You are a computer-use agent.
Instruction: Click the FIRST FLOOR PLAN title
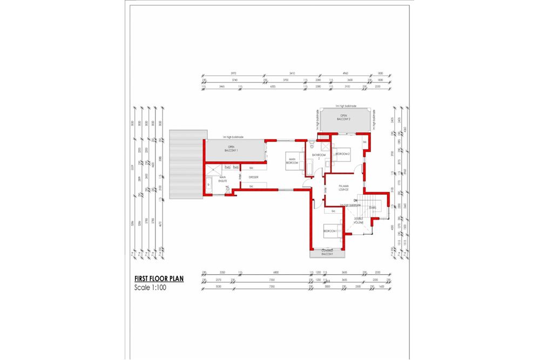coord(159,279)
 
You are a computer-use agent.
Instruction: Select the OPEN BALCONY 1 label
coord(231,148)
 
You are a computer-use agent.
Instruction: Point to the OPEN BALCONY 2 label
coord(343,117)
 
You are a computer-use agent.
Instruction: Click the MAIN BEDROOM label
coord(292,160)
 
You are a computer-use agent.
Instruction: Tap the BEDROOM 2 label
coord(343,154)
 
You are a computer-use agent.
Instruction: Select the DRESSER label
coord(254,176)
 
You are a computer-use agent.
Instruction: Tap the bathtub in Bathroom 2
coord(308,167)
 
